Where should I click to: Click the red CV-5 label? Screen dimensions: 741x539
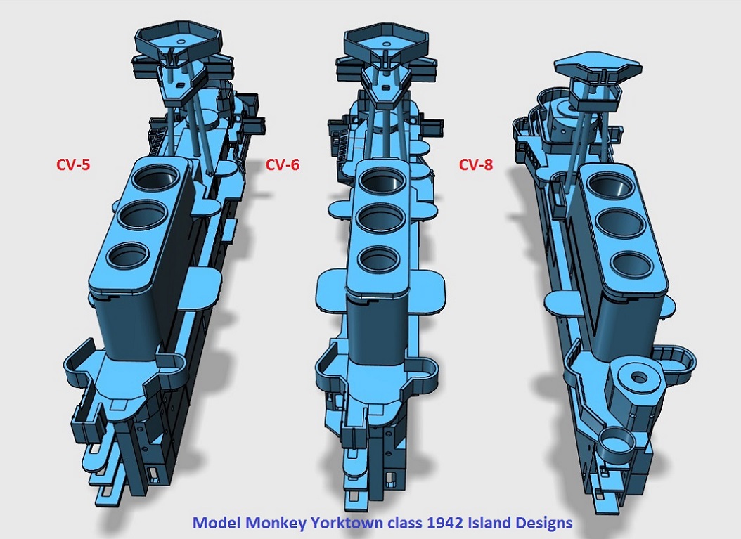(x=73, y=164)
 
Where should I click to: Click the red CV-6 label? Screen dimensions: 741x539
(x=283, y=164)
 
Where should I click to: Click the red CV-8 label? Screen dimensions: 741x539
(x=476, y=164)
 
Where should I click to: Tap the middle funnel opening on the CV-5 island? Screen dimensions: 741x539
(x=141, y=216)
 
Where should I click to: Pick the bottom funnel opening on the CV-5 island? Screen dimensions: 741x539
(x=127, y=254)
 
